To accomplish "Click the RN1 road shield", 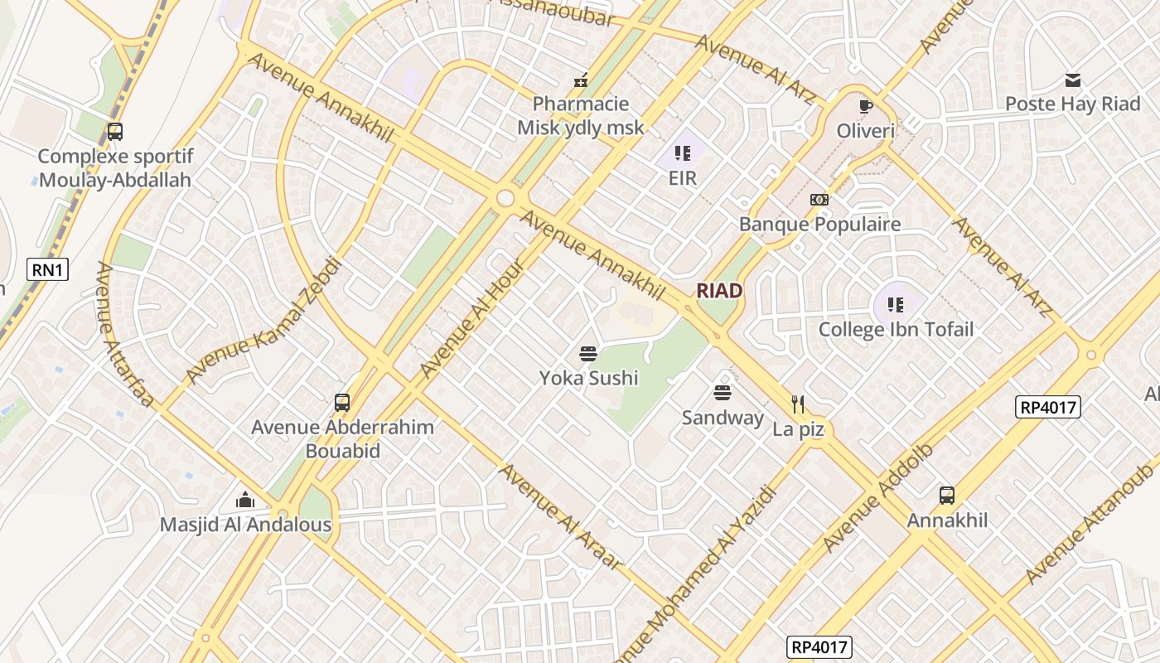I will (x=47, y=269).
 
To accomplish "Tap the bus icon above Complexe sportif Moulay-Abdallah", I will (x=115, y=132).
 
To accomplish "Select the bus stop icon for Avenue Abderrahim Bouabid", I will (x=342, y=403).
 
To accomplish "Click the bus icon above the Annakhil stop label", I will (x=947, y=496).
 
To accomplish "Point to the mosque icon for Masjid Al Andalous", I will (x=245, y=500).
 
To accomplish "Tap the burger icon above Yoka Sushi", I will (x=588, y=355).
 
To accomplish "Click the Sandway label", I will (x=723, y=417).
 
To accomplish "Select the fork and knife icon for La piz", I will (x=798, y=404).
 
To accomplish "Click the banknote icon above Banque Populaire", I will (x=819, y=200).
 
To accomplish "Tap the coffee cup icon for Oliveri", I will (x=866, y=106).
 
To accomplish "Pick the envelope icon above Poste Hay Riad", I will (x=1073, y=80).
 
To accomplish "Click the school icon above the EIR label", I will (x=683, y=153).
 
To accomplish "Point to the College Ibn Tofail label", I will (x=896, y=329).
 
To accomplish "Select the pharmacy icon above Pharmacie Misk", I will (x=581, y=80).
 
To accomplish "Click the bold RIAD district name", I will (x=719, y=290).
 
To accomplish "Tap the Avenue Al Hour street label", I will (x=472, y=319).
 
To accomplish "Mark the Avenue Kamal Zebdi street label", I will (x=263, y=321).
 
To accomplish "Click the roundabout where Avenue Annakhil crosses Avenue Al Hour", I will (x=505, y=199).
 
